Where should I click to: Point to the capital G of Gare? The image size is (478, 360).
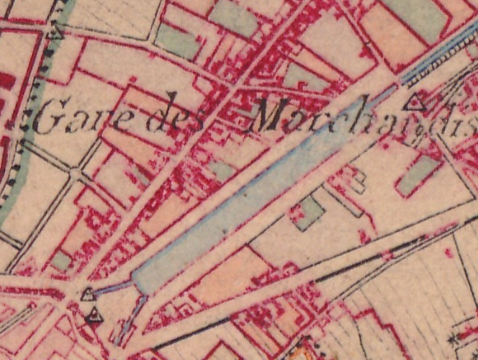click(x=46, y=120)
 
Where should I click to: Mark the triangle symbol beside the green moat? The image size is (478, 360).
click(x=55, y=31)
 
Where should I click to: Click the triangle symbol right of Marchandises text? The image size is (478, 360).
click(x=415, y=103)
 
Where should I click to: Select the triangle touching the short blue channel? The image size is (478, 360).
click(x=88, y=294)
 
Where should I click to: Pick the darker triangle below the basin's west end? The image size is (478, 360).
click(x=94, y=315)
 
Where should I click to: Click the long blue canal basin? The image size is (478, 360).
click(x=238, y=205)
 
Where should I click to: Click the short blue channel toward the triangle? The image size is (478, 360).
click(x=114, y=289)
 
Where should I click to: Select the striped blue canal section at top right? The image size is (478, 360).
click(x=439, y=54)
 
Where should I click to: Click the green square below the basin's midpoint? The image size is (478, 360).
click(x=310, y=212)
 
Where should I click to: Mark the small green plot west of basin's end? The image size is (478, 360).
click(x=61, y=261)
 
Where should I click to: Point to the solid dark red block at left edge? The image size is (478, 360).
click(x=5, y=79)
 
